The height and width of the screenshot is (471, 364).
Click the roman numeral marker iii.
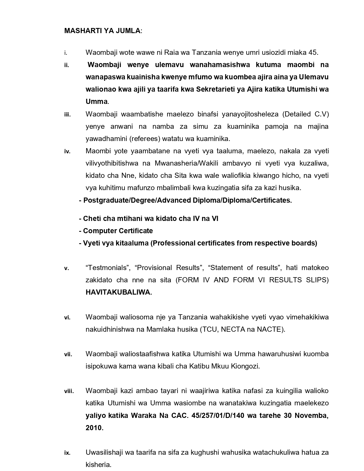point(67,115)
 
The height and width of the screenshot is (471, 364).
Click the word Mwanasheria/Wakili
point(186,163)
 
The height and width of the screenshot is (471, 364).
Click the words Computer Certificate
point(118,231)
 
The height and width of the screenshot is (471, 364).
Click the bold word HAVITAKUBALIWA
point(119,292)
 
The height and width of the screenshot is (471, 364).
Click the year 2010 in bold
point(94,428)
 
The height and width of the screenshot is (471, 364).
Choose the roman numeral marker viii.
point(69,391)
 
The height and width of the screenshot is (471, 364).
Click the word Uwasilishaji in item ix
point(104,452)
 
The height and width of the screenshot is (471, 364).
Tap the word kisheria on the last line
point(98,465)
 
